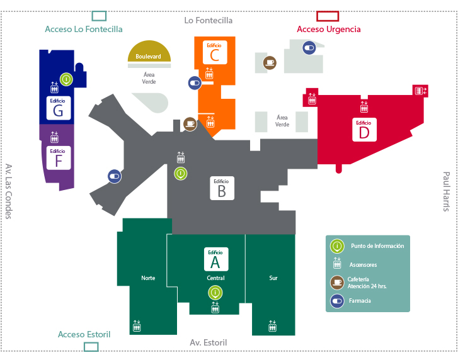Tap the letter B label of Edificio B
(222, 191)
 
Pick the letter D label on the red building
(364, 132)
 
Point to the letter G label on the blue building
(59, 111)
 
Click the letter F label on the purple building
(59, 160)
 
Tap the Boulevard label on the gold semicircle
(148, 57)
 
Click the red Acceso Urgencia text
(329, 29)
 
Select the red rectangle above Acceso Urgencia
(328, 16)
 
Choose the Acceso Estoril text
(84, 334)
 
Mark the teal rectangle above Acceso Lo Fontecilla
(99, 16)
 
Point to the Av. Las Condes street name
(9, 191)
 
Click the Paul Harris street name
(446, 194)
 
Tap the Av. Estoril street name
(209, 342)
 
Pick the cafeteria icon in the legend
(337, 282)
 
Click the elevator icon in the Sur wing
(273, 326)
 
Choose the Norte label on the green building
(148, 278)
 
